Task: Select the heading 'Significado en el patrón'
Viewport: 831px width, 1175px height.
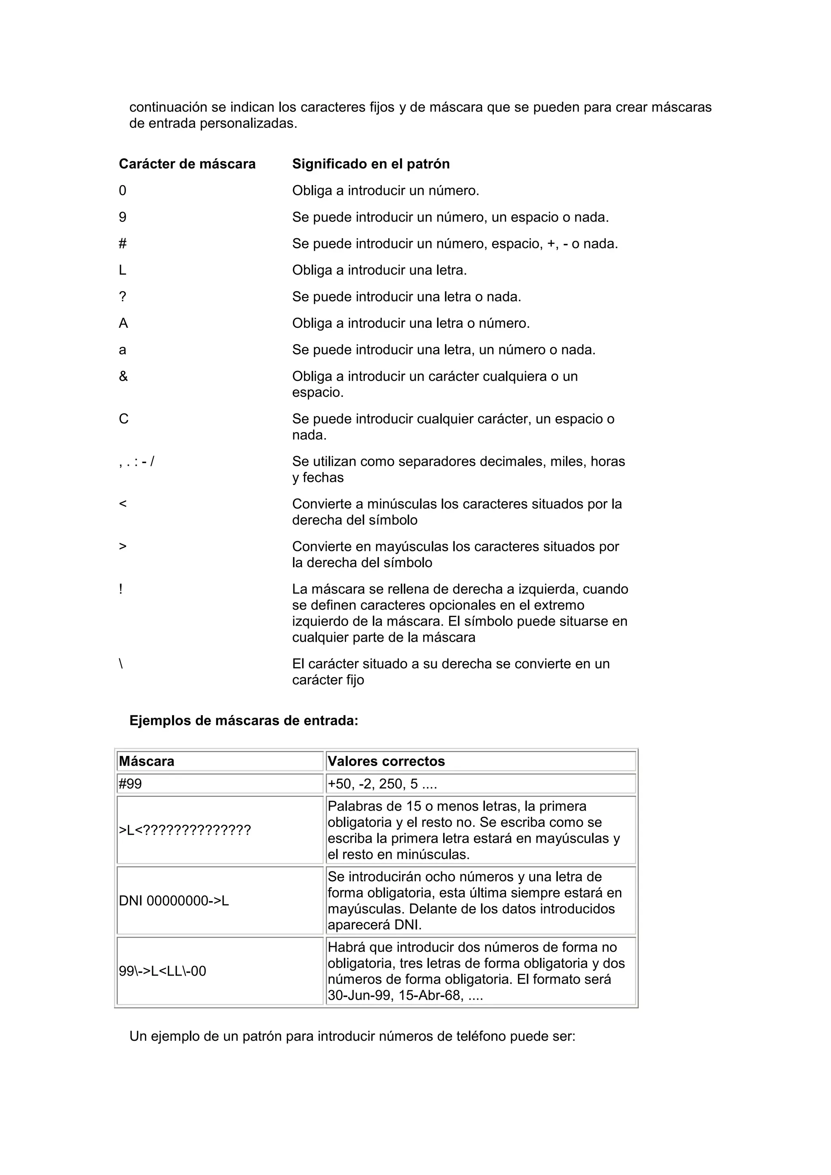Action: coord(370,164)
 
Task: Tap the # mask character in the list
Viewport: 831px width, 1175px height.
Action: coord(122,243)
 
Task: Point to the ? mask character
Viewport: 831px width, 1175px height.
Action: coord(122,297)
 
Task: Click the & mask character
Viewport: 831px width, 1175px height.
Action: coord(123,376)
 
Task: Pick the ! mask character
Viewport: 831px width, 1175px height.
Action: coord(121,589)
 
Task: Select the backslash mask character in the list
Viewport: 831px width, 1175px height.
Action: coord(121,664)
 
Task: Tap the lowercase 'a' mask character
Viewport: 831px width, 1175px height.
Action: coord(122,350)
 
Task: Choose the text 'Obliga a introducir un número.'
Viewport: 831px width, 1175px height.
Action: coord(385,190)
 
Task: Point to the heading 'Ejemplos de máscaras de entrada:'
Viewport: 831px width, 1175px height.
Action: coord(243,721)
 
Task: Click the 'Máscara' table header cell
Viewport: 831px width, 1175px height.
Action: coord(147,761)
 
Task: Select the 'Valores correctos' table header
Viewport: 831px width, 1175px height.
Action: coord(386,761)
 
